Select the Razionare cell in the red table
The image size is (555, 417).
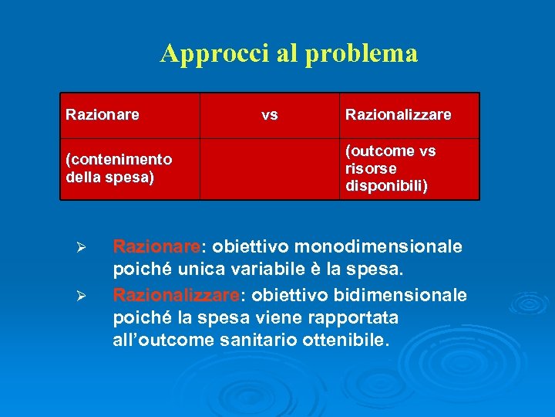(x=103, y=115)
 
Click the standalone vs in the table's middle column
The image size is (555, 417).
(x=270, y=115)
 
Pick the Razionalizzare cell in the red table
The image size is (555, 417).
(x=398, y=115)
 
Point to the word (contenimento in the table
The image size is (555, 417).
(x=119, y=160)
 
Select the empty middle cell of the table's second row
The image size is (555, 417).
(x=270, y=168)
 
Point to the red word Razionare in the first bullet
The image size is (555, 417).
(x=156, y=247)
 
